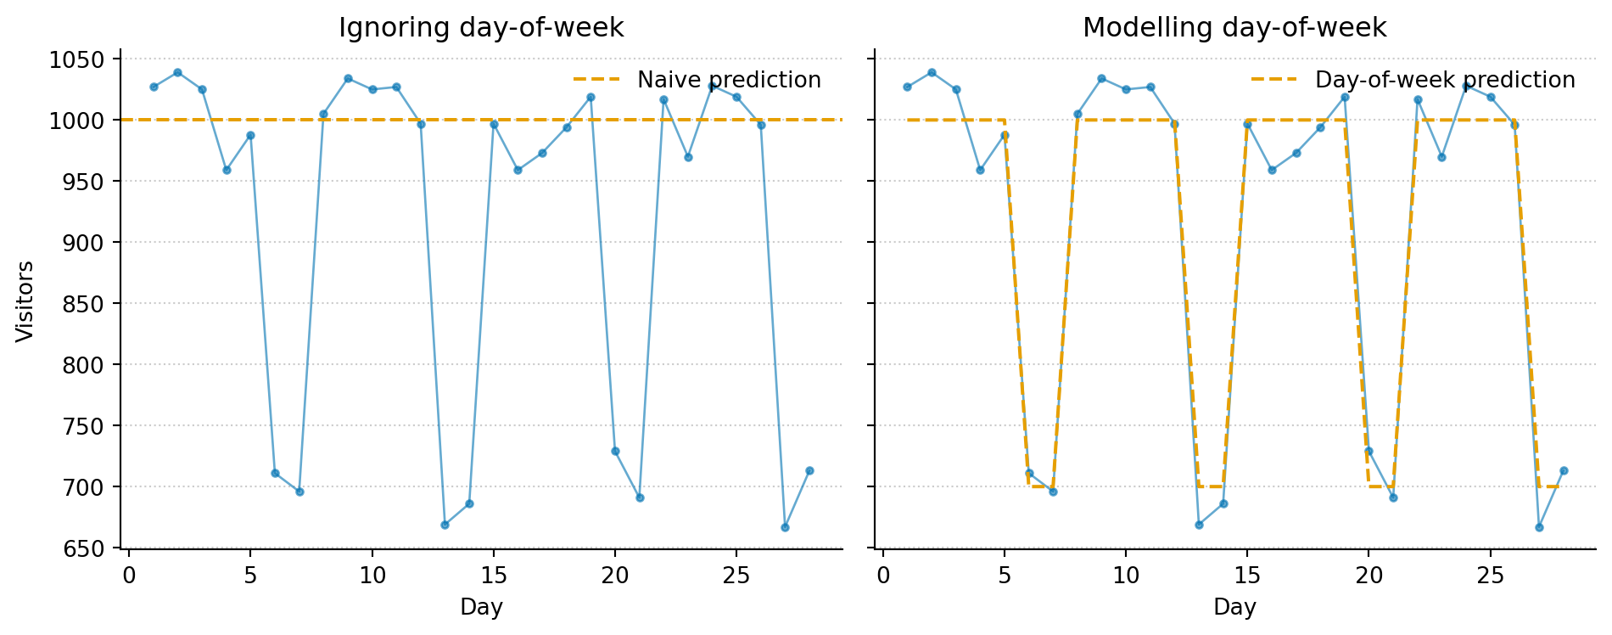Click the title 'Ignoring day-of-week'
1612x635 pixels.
[x=481, y=28]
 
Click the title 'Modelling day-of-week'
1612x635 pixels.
[x=1234, y=28]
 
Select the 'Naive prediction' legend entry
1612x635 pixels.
[x=729, y=80]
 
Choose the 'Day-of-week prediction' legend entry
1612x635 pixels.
[x=1444, y=80]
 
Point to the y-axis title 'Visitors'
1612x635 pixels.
[x=25, y=301]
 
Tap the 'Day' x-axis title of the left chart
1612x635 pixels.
[x=481, y=607]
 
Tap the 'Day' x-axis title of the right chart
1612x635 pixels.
[x=1234, y=607]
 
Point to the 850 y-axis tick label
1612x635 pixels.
[x=83, y=304]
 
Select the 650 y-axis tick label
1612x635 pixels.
[x=83, y=548]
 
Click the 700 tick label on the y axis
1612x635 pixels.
[x=83, y=487]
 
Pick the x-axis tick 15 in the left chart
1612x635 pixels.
[x=494, y=576]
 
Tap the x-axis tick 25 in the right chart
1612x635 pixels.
[x=1491, y=576]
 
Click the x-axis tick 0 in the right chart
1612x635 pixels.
[x=883, y=576]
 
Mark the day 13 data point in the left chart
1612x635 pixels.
[x=445, y=525]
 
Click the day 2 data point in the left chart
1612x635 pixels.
[x=177, y=72]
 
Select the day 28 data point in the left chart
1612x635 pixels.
[x=809, y=470]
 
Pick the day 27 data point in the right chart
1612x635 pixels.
[x=1539, y=527]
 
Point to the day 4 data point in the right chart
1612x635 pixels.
[x=980, y=170]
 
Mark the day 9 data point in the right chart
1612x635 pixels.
[x=1101, y=78]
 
